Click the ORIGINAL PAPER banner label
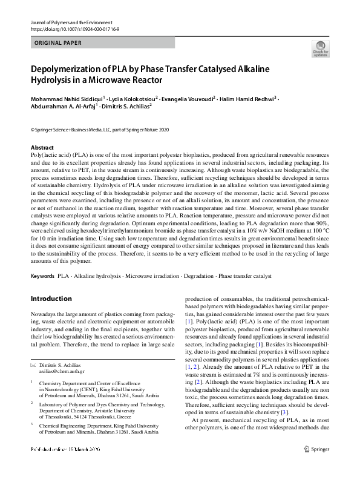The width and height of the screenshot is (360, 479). pyautogui.click(x=58, y=43)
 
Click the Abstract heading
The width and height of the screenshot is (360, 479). pyautogui.click(x=42, y=148)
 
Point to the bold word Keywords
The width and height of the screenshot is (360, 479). pyautogui.click(x=42, y=276)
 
